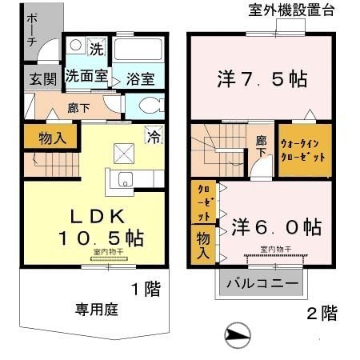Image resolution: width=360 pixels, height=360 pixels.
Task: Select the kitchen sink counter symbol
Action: click(x=124, y=182)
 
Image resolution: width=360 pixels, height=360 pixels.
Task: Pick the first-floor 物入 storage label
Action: click(x=51, y=138)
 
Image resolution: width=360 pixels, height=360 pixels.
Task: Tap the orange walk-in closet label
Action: click(x=303, y=150)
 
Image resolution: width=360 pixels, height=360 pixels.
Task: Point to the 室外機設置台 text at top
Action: click(x=291, y=10)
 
